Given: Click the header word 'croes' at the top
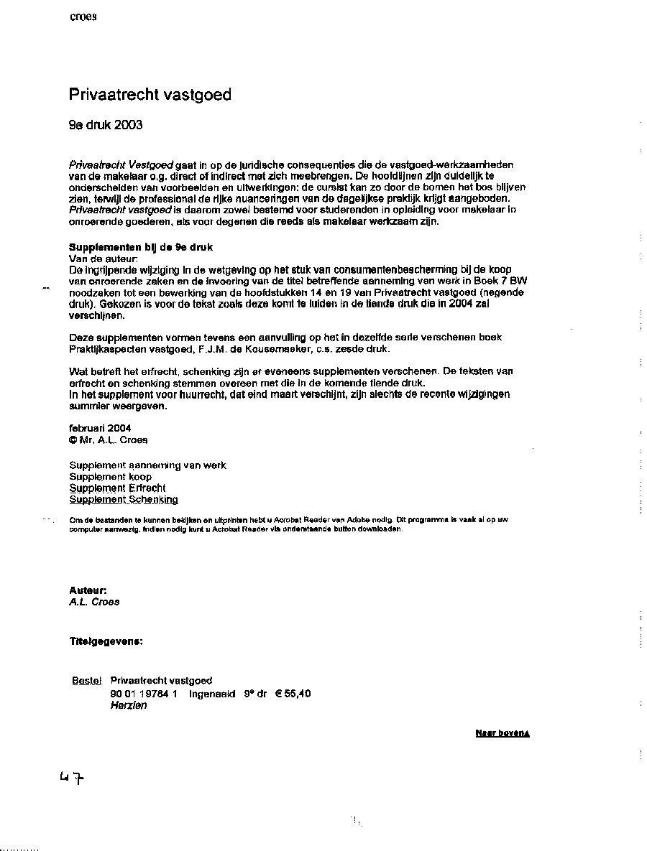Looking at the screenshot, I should click(x=83, y=17).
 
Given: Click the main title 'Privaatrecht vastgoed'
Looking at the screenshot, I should click(x=150, y=95).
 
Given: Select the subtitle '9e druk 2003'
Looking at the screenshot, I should click(x=106, y=125).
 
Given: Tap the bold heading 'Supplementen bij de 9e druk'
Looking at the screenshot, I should click(x=141, y=247).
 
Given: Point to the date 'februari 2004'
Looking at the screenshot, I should click(x=100, y=428).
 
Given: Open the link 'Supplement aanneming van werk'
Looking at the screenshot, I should click(x=147, y=465).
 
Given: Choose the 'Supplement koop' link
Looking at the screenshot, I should click(x=111, y=477).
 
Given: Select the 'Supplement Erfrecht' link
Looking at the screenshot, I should click(x=117, y=488).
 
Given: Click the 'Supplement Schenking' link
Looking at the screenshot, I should click(x=124, y=500).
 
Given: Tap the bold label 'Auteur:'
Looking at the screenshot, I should click(x=88, y=590).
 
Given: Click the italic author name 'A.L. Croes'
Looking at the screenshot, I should click(x=94, y=603).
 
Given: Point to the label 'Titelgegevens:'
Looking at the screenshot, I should click(x=106, y=641).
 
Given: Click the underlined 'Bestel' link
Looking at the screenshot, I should click(x=87, y=681).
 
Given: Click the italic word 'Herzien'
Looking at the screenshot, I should click(x=129, y=705).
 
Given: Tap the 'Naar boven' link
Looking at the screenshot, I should click(x=503, y=733).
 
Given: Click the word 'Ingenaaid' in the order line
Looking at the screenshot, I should click(x=212, y=694).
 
